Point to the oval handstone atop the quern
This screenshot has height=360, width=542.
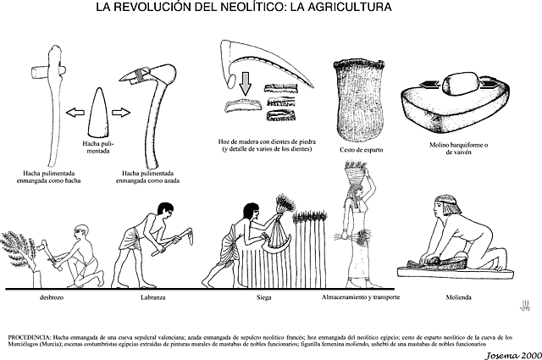pyautogui.click(x=458, y=85)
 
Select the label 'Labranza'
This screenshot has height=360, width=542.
pyautogui.click(x=150, y=298)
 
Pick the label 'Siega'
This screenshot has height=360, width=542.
pyautogui.click(x=263, y=298)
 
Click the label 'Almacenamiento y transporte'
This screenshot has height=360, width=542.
pyautogui.click(x=361, y=298)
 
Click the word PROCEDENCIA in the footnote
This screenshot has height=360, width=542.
pyautogui.click(x=30, y=326)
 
